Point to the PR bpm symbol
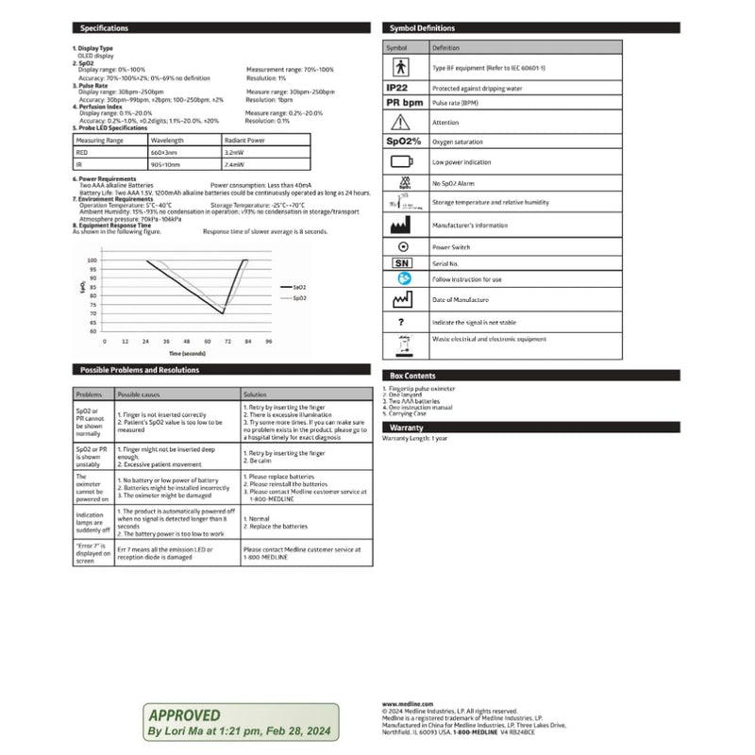point(404,102)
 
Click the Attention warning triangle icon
point(400,122)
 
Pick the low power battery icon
point(400,162)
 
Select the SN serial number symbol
point(400,262)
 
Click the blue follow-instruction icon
point(404,279)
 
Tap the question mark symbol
point(400,322)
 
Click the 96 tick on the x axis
point(269,341)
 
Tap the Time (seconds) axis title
point(179,352)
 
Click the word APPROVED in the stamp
point(184,715)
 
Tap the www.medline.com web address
point(408,703)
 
